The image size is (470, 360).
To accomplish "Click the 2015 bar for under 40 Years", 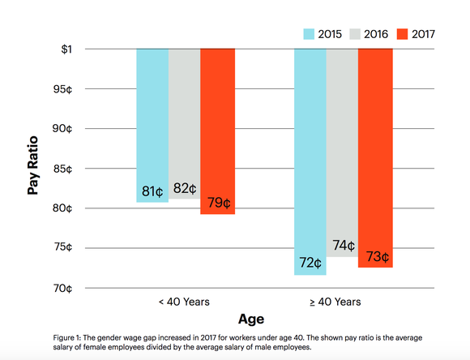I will click(x=152, y=122).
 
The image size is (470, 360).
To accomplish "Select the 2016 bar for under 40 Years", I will click(x=184, y=122).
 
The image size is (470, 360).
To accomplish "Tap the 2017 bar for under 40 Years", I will click(x=217, y=130).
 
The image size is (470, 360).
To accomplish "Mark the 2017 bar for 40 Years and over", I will click(x=375, y=154).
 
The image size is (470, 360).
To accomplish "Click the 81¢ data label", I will click(x=152, y=192).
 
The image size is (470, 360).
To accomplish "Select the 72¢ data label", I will click(x=310, y=264).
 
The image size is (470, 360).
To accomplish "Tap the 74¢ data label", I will click(x=343, y=246).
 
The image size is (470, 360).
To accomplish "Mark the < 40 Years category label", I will click(x=184, y=302).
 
